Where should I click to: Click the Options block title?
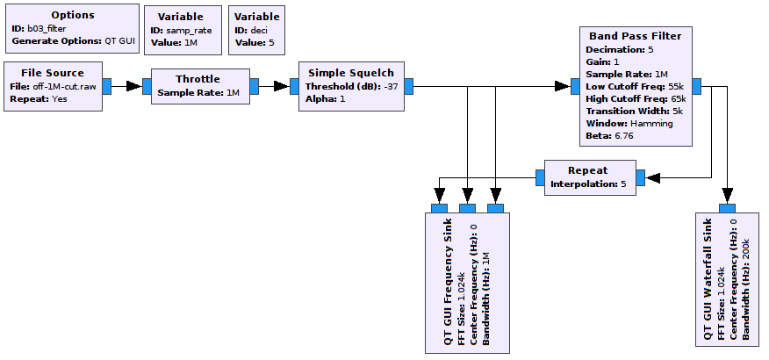(x=72, y=16)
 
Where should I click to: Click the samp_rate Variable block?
(x=180, y=28)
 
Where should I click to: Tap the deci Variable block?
(x=256, y=28)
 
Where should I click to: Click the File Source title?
(x=53, y=73)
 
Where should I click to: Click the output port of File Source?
(x=106, y=86)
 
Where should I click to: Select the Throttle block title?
(x=198, y=79)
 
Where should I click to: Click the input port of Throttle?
(x=147, y=86)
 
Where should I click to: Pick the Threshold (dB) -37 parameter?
(x=351, y=86)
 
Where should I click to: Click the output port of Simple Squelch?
(x=408, y=86)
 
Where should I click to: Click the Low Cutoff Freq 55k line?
(x=635, y=87)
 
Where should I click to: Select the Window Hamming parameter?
(x=629, y=124)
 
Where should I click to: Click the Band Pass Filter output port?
(x=697, y=86)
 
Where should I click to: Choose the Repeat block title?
(x=587, y=170)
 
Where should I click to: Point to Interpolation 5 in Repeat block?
(x=587, y=184)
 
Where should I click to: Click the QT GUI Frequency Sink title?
(x=446, y=281)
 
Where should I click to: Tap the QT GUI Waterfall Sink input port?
(x=727, y=207)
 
